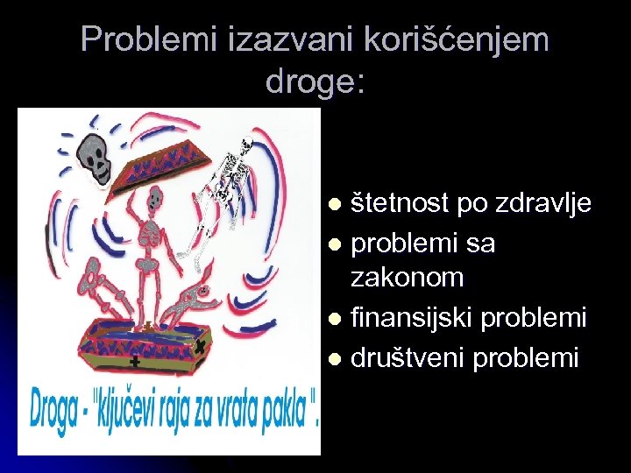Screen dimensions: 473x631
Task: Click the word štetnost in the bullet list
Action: (x=401, y=204)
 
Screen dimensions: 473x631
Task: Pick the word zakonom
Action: (x=407, y=279)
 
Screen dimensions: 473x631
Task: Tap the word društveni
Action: (x=408, y=357)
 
